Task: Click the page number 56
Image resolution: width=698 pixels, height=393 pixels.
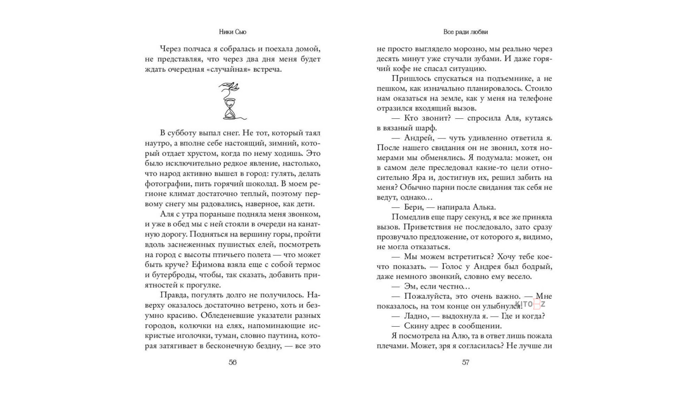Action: (x=233, y=362)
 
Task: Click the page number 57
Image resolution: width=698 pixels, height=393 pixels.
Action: (x=465, y=362)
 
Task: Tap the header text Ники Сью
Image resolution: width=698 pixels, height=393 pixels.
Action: (x=233, y=32)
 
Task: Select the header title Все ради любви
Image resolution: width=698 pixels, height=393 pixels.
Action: (x=465, y=32)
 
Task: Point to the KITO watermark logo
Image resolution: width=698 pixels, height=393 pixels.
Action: (x=530, y=304)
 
